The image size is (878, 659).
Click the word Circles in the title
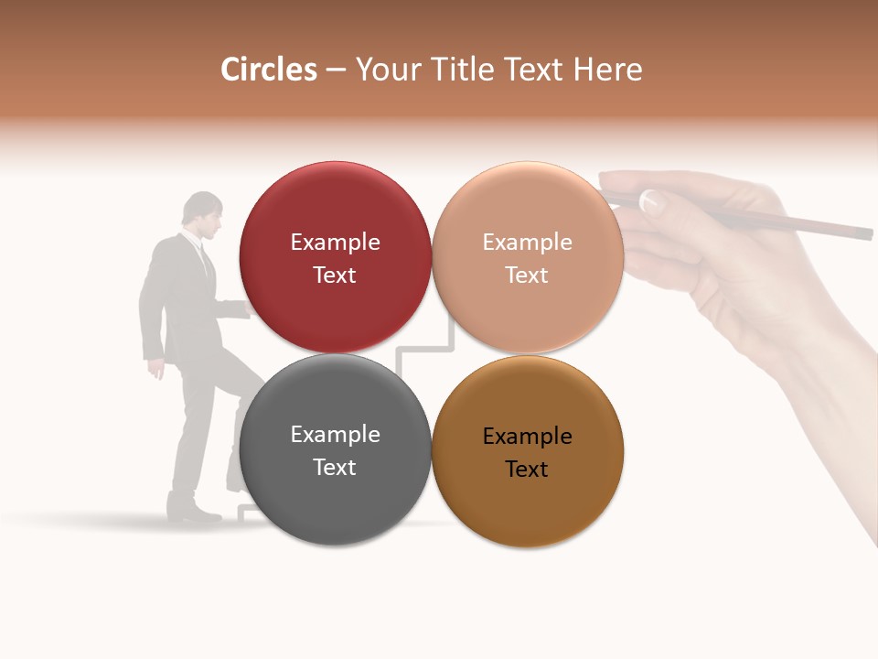coord(268,70)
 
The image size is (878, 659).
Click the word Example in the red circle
coord(335,243)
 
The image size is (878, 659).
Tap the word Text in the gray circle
coord(335,467)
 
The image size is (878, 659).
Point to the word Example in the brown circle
coord(527,437)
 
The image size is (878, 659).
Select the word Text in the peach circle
coord(527,275)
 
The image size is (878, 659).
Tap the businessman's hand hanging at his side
coord(157,368)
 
